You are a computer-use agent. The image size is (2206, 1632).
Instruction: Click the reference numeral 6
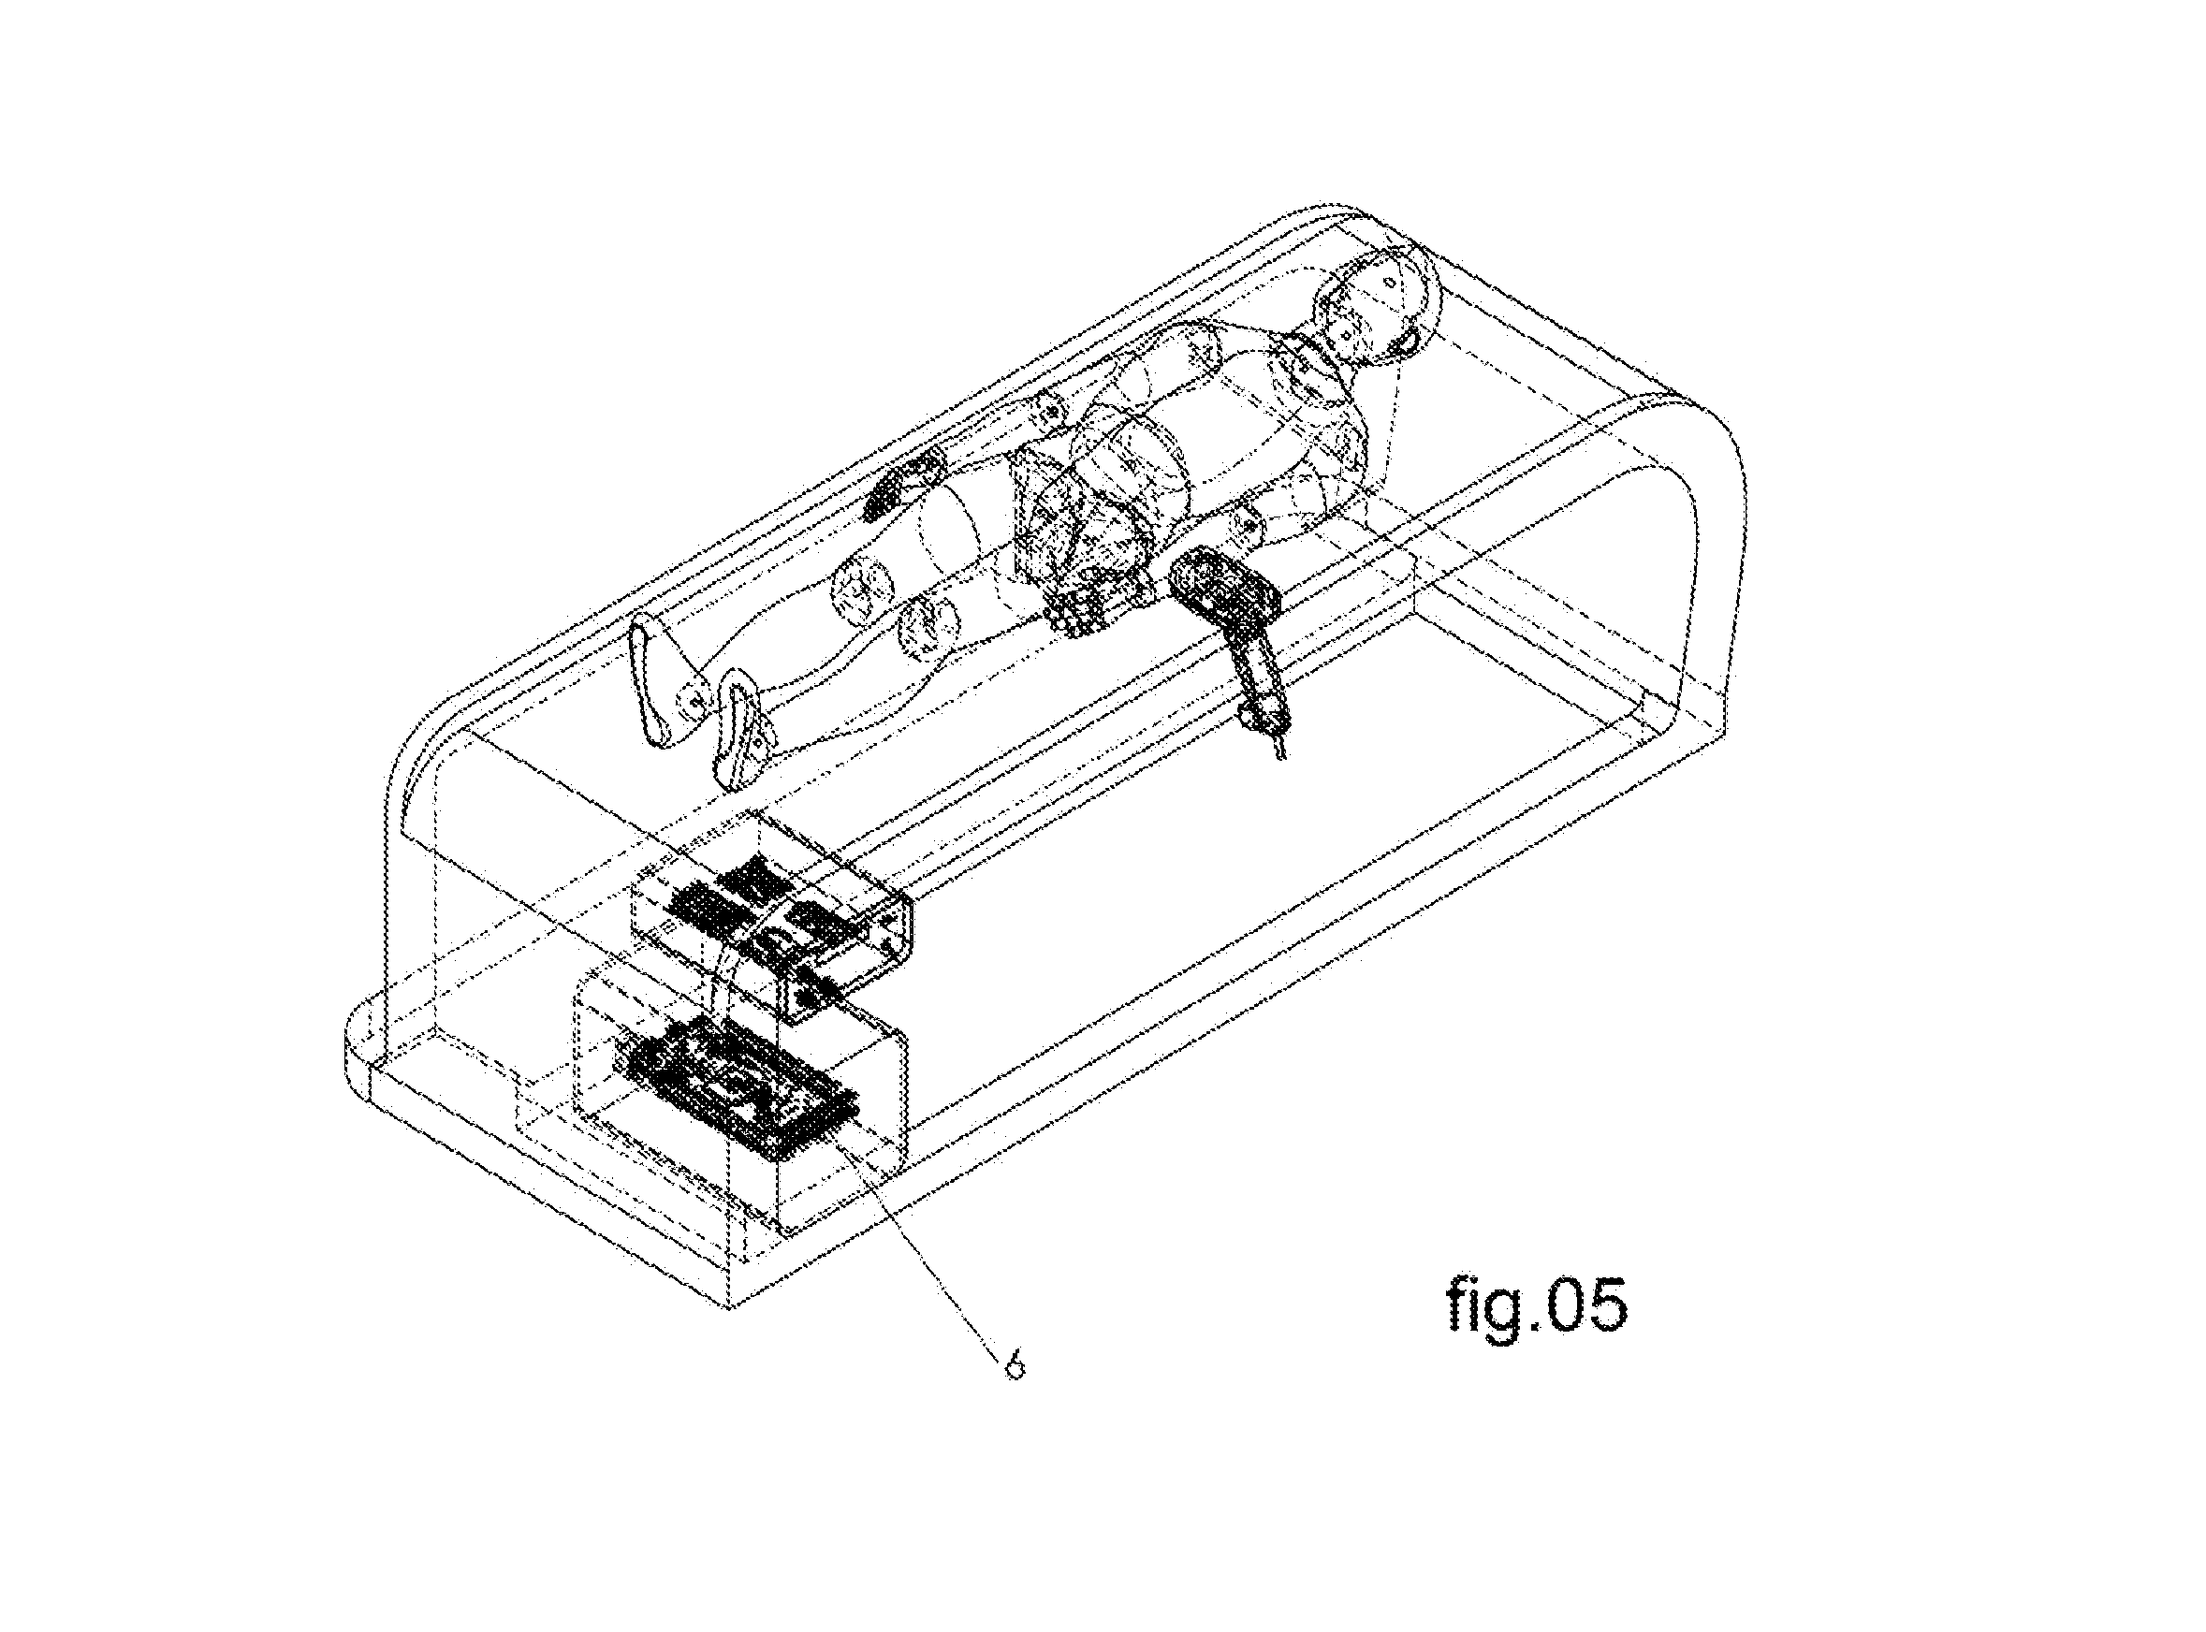point(1014,1366)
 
